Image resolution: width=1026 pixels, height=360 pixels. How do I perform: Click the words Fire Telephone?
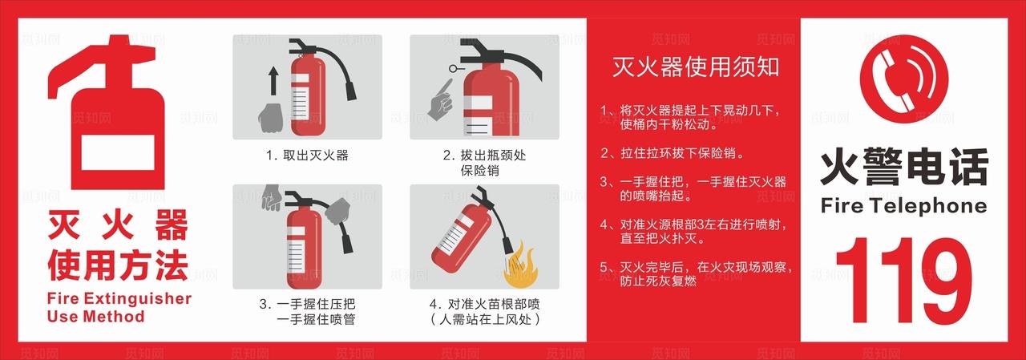click(x=903, y=206)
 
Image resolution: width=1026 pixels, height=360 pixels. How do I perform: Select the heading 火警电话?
click(x=903, y=168)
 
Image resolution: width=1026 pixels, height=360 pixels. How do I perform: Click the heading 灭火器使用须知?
click(x=695, y=67)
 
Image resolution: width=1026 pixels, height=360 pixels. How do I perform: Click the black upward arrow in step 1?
click(x=272, y=81)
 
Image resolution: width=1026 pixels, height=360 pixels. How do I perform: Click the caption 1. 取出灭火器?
click(x=307, y=155)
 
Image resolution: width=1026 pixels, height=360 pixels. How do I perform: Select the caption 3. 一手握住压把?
click(x=307, y=305)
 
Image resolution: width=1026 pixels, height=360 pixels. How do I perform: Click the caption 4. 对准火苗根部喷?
click(x=484, y=305)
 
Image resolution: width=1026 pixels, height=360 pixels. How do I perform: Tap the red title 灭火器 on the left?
click(x=118, y=225)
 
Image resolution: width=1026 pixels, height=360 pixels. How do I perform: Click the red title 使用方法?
click(x=118, y=265)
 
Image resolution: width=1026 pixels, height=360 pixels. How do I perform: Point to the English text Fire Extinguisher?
click(x=119, y=299)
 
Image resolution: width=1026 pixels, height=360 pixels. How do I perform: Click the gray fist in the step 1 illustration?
click(x=271, y=116)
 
